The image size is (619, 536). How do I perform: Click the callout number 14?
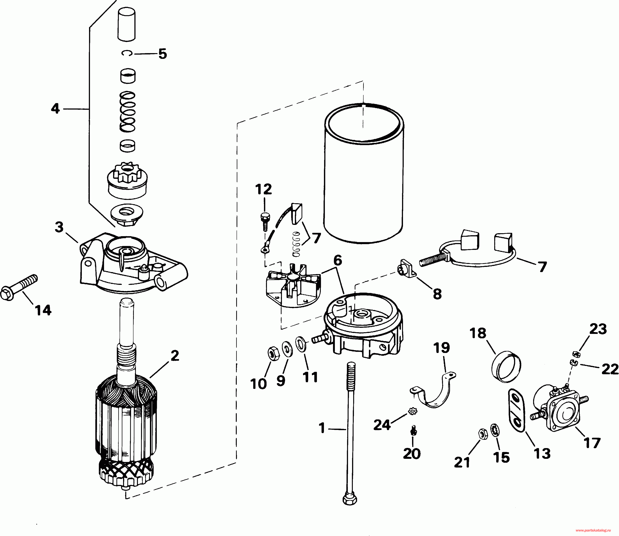pos(43,310)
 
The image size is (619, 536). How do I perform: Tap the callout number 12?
pos(264,189)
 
